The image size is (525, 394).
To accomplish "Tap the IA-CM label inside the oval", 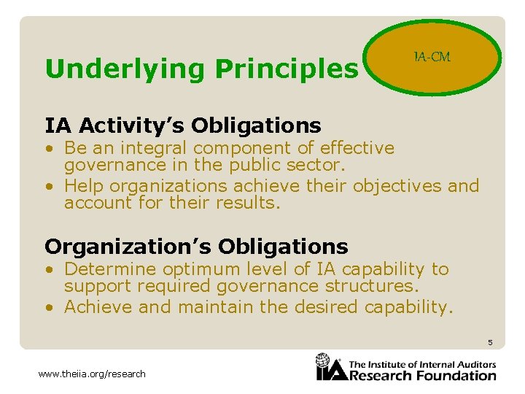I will coord(432,57).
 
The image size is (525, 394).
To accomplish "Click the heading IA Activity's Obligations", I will coord(182,125).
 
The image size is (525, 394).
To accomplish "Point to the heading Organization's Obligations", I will coord(196,246).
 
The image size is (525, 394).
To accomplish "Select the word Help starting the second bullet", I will coord(86,186).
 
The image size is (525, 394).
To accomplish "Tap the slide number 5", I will coord(491,342).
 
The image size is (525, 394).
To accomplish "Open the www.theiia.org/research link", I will coord(92,374).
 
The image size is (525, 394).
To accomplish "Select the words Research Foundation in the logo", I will coord(423,376).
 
